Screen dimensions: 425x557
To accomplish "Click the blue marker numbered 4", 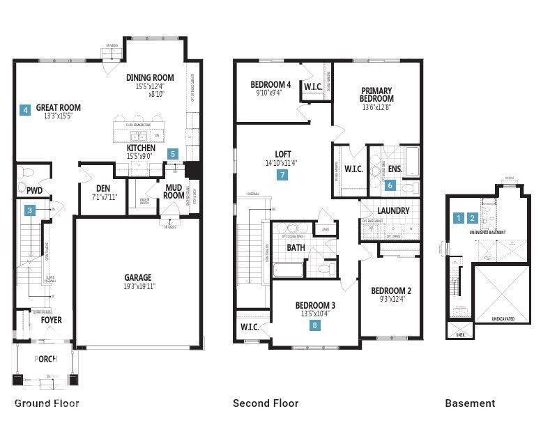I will coord(25,109).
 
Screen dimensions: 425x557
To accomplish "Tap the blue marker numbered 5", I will coord(173,154).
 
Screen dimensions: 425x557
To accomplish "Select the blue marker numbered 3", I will coord(30,210).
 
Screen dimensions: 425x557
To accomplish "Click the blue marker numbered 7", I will coord(282,175).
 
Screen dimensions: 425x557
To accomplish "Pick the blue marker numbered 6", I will coord(390,185).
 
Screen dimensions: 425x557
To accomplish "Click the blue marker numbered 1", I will coord(458,218).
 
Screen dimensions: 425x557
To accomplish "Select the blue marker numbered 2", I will coord(473,218).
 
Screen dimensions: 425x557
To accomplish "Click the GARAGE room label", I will coord(138,277).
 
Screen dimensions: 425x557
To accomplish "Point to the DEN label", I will coord(93,188).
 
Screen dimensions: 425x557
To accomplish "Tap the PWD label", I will coord(35,190).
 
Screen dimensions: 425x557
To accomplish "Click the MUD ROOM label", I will coord(174,191).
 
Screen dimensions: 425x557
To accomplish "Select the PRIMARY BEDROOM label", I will coord(377,95).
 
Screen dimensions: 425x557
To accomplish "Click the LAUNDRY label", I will coord(393,210).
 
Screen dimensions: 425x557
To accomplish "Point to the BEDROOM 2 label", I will coord(391,291).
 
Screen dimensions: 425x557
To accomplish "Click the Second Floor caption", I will coord(266,403).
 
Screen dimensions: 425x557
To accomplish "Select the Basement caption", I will coord(470,403).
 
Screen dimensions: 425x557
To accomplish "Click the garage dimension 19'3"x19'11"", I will coord(138,286).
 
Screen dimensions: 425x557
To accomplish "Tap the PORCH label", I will coord(45,359).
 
